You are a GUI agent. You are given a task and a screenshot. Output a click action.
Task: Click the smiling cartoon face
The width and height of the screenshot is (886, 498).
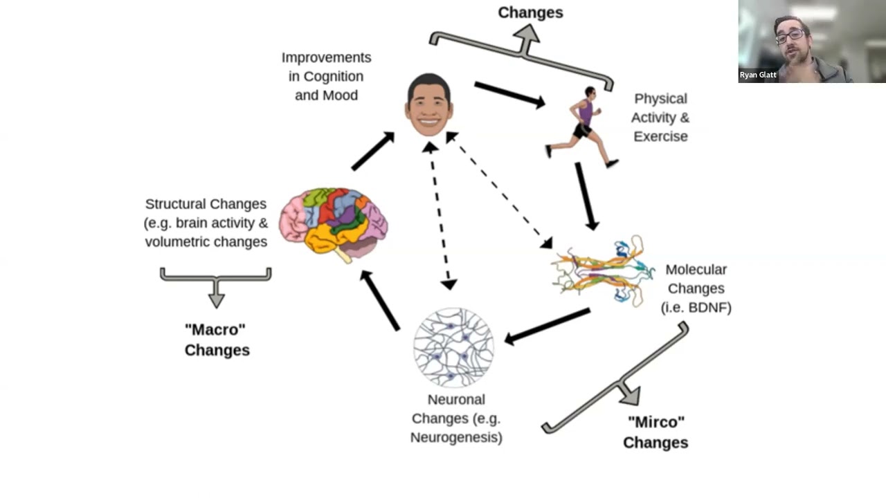click(x=429, y=106)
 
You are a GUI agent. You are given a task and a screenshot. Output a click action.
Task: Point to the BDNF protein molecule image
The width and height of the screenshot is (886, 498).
click(x=602, y=270)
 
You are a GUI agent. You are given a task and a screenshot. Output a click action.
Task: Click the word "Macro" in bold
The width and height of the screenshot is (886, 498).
click(x=215, y=330)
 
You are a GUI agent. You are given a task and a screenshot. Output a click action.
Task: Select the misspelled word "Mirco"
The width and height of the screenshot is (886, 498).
click(x=655, y=422)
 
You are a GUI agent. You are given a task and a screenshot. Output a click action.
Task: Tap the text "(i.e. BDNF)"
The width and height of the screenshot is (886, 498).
click(x=696, y=308)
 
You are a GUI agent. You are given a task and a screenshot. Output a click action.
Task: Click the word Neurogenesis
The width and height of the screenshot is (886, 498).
click(x=456, y=437)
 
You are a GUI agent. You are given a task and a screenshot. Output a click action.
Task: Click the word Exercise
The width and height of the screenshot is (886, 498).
click(x=660, y=136)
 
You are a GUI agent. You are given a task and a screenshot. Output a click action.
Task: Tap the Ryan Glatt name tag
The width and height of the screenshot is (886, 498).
click(x=757, y=75)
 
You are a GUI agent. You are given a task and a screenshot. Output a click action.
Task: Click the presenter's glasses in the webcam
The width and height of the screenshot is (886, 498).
click(x=791, y=35)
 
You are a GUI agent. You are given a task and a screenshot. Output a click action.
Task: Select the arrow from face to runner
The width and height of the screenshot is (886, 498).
click(x=509, y=94)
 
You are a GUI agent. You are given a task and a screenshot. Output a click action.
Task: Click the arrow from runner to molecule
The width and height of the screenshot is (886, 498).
click(x=586, y=196)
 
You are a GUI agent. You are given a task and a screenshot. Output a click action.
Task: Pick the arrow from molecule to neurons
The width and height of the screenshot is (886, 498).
click(x=548, y=326)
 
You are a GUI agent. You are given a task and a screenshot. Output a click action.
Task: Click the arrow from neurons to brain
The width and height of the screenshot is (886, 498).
click(x=380, y=300)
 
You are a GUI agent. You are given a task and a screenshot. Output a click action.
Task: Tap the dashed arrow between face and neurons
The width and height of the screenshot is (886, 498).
click(x=440, y=215)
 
